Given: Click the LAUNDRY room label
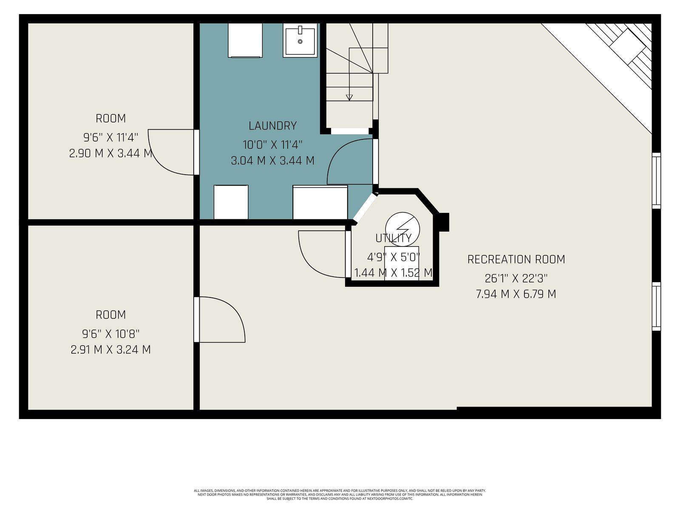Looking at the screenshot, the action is (x=272, y=126).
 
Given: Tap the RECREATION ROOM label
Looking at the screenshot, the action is (x=516, y=260).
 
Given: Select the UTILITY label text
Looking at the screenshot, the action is (x=394, y=238).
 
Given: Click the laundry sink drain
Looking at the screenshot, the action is (x=300, y=42).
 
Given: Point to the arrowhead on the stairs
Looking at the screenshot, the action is (x=349, y=97).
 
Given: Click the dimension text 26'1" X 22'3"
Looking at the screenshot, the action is (x=516, y=278).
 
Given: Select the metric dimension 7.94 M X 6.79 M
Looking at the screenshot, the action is (x=516, y=294).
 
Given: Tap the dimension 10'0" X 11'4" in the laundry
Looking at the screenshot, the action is (x=272, y=144).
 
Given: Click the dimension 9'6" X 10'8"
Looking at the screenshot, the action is (x=110, y=334).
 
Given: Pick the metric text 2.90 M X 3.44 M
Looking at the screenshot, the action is (x=110, y=153).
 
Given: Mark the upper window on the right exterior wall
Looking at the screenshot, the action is (x=656, y=181).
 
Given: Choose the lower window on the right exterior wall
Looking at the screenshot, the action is (x=656, y=306).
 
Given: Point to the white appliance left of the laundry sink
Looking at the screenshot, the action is (x=245, y=40).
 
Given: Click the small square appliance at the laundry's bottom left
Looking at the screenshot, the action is (x=231, y=202).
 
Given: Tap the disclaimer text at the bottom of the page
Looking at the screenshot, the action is (x=340, y=495).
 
